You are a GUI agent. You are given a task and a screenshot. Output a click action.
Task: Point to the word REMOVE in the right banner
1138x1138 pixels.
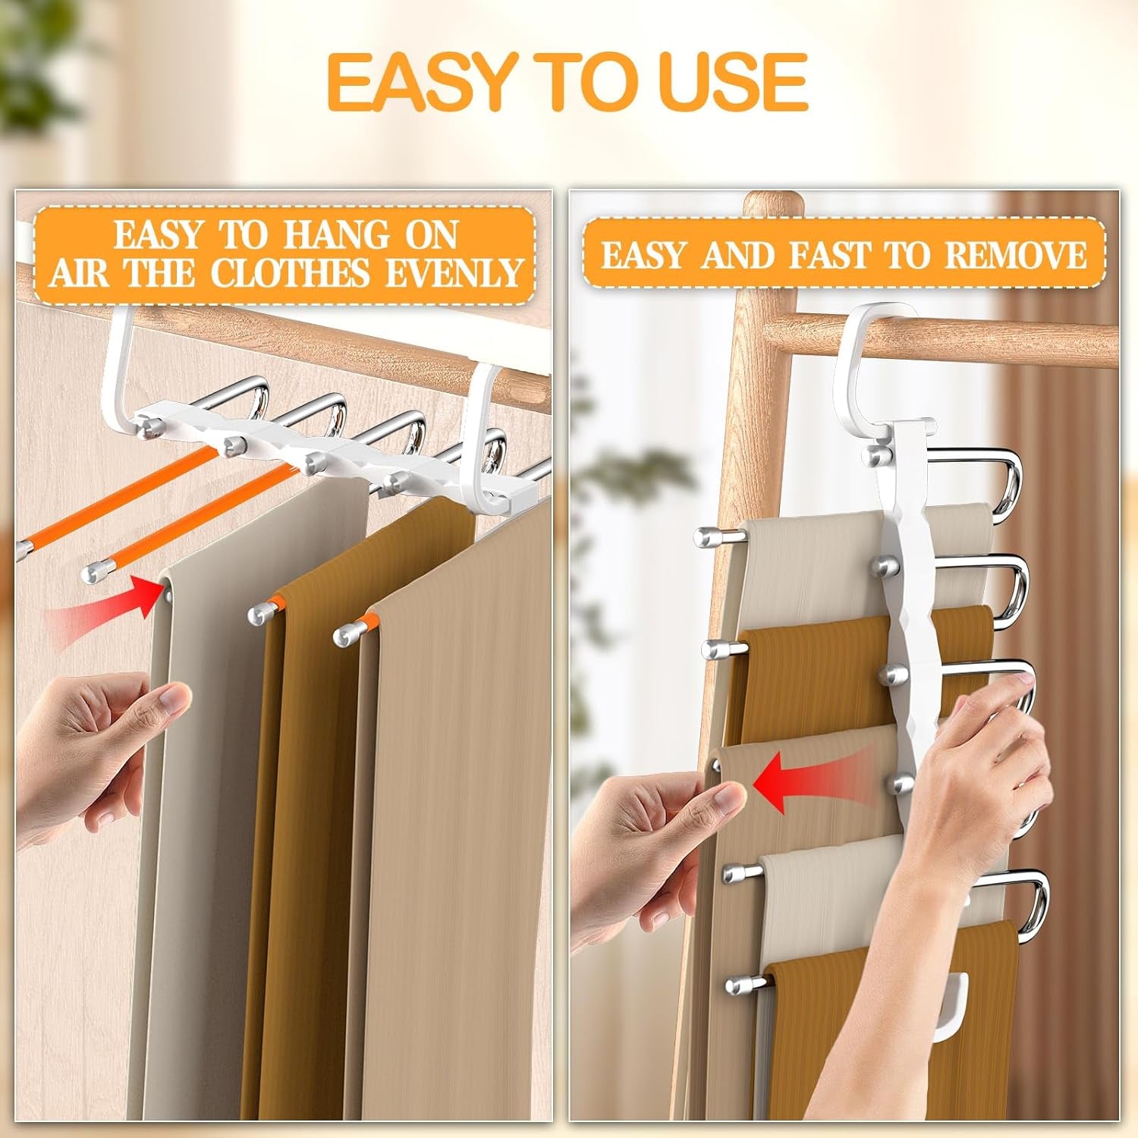coord(1015,255)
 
